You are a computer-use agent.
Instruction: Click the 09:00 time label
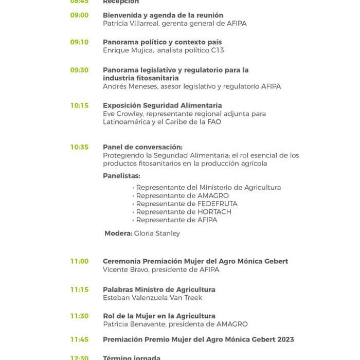[x=79, y=15]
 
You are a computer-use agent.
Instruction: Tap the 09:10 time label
[x=79, y=42]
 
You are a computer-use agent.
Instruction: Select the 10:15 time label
[x=79, y=105]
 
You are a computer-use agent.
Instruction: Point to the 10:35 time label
[x=79, y=147]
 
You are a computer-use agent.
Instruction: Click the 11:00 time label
[x=79, y=261]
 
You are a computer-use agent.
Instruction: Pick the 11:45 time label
[x=79, y=339]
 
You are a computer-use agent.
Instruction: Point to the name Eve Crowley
[x=121, y=114]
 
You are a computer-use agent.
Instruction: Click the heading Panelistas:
[x=121, y=176]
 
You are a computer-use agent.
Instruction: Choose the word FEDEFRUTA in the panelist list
[x=218, y=204]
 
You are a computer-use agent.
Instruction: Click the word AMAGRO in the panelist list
[x=213, y=195]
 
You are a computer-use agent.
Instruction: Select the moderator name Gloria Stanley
[x=157, y=233]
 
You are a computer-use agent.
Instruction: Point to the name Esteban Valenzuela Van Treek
[x=152, y=298]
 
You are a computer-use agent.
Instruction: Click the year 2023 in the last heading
[x=285, y=339]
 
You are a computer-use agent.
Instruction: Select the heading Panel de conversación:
[x=142, y=147]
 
